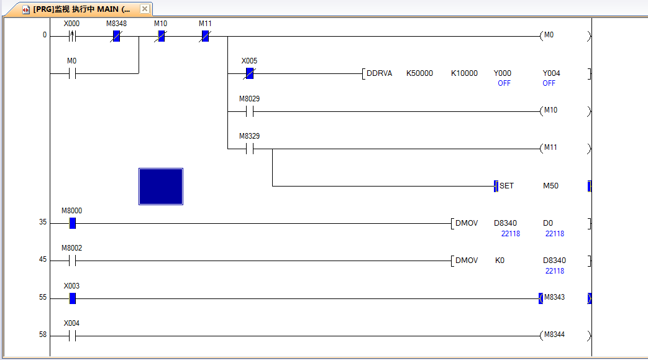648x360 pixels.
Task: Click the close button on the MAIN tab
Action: [x=144, y=9]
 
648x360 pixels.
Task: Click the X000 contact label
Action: [x=72, y=24]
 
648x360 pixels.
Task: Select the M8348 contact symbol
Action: [x=116, y=36]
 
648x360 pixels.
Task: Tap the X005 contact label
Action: [x=249, y=61]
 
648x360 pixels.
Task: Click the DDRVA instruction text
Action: [x=379, y=73]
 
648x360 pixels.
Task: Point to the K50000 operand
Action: [x=419, y=73]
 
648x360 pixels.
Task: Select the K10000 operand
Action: [x=464, y=73]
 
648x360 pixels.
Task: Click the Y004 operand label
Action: [x=551, y=73]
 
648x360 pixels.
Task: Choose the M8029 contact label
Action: [x=249, y=99]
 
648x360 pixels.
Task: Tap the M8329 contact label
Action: [x=249, y=136]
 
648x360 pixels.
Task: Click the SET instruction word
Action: [x=506, y=186]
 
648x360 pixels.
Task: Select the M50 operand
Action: [x=550, y=186]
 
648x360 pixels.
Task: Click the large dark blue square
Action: [x=161, y=186]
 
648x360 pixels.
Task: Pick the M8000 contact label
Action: [x=71, y=211]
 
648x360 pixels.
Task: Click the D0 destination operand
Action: [x=548, y=223]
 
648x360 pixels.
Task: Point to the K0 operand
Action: [x=500, y=261]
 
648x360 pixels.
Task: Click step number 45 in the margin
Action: [x=43, y=260]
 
